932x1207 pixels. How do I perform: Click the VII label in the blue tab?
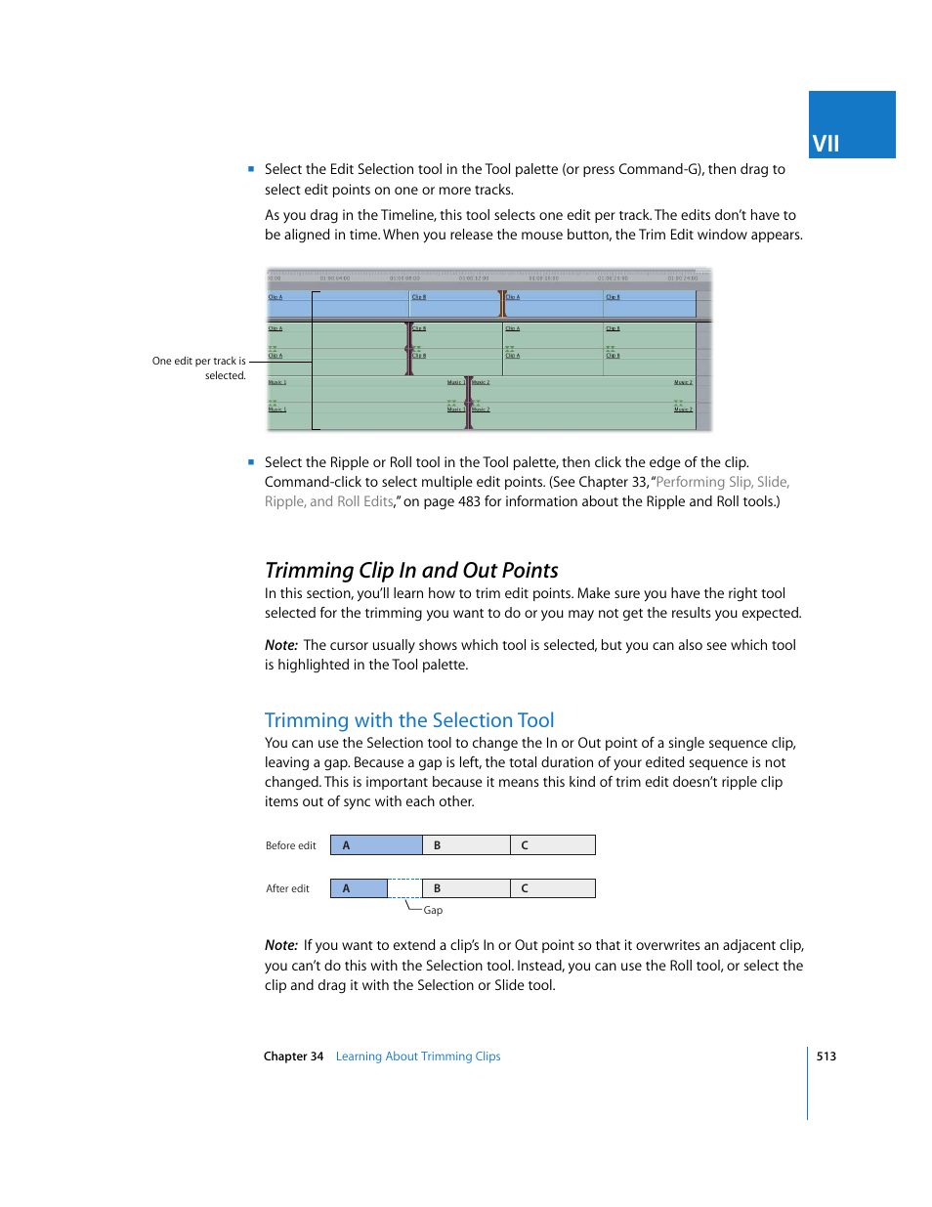click(826, 144)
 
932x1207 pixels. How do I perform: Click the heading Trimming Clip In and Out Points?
click(411, 571)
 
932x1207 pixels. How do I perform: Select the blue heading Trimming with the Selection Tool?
click(409, 720)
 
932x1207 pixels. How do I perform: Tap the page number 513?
click(826, 1056)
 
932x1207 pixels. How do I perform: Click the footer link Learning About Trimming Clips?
click(418, 1056)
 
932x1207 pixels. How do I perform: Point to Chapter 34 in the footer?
click(293, 1056)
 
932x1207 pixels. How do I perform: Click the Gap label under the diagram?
click(433, 911)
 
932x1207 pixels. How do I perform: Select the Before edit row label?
click(290, 845)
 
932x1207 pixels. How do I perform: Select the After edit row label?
click(287, 888)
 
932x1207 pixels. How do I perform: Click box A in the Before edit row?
click(376, 845)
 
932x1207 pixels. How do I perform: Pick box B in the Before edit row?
click(466, 845)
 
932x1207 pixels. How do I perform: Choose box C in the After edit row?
click(552, 888)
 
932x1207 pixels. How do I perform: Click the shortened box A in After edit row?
click(359, 888)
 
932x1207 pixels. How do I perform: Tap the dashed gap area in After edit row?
click(404, 888)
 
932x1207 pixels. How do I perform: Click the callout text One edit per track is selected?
click(199, 367)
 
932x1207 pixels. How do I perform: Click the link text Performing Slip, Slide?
click(722, 482)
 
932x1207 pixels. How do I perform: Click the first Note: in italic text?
click(280, 645)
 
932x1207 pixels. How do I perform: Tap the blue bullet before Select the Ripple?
click(251, 462)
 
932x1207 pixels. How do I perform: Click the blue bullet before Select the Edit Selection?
click(251, 169)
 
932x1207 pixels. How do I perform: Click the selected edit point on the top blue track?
click(502, 304)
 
